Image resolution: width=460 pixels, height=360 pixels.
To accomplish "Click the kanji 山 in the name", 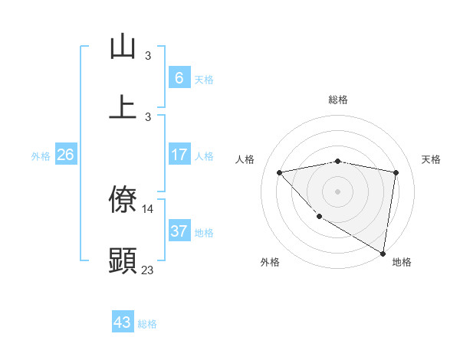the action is coord(123,47).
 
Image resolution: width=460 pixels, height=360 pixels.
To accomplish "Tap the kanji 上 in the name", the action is coord(123,106).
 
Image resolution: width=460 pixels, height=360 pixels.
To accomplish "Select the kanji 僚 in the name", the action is coord(123,200).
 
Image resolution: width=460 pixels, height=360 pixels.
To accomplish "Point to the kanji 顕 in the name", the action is coord(123,260).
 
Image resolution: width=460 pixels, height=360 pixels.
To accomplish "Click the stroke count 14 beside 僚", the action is coord(148,208).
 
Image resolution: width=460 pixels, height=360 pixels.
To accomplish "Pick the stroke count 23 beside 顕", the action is coord(148,270).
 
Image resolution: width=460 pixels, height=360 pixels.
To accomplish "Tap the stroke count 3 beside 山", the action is coord(148,55).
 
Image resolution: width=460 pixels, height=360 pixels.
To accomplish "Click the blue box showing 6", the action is coord(179,77).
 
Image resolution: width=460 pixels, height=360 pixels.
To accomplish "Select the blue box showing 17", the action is coord(179,155).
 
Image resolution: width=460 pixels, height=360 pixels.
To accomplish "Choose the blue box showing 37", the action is coord(179,231).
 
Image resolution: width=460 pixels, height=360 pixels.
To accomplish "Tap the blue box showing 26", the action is coord(66,155).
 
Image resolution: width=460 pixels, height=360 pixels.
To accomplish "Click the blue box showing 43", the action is coord(123,322).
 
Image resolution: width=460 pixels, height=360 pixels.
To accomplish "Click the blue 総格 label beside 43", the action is coord(147,324).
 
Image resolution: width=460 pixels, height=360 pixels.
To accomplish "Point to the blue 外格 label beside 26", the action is coord(41,156).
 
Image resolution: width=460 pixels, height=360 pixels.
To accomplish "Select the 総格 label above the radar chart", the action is coord(338,100).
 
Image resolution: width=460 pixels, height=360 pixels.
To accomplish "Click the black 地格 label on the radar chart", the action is coord(402,262).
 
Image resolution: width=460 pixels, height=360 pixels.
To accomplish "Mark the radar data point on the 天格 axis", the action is coord(396,172).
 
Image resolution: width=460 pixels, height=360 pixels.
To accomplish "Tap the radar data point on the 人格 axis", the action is coord(280,172).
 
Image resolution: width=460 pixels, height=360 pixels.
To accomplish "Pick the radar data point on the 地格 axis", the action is coord(383,253).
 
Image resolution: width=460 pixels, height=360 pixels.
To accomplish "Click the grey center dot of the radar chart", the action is coord(338,191).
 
